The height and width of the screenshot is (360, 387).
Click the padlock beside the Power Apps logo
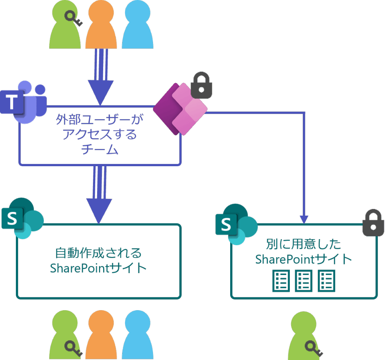click(x=201, y=85)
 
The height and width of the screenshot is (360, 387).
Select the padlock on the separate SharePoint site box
click(x=373, y=223)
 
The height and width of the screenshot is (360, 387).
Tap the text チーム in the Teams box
click(x=100, y=150)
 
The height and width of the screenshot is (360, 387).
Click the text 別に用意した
click(x=303, y=244)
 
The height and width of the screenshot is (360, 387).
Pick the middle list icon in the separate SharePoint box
click(x=303, y=281)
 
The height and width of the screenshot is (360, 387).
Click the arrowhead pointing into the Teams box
click(x=100, y=93)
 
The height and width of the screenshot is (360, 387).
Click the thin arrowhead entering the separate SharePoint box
click(x=304, y=220)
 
